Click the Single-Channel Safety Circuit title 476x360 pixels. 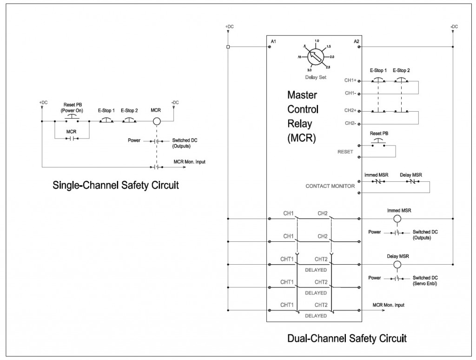[115, 185]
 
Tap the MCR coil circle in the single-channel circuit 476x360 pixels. [157, 121]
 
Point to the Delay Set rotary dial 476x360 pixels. [316, 57]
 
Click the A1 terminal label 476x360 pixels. [273, 42]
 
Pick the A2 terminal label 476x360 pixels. [356, 42]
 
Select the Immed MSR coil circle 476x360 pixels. [397, 219]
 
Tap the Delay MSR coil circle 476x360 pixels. [397, 264]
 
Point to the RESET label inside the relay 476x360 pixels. [345, 152]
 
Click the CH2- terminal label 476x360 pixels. [350, 123]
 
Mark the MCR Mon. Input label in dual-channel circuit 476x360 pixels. [389, 305]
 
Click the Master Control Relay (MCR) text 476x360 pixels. [303, 116]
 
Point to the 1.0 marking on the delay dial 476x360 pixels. [317, 41]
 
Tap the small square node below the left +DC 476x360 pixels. [228, 47]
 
